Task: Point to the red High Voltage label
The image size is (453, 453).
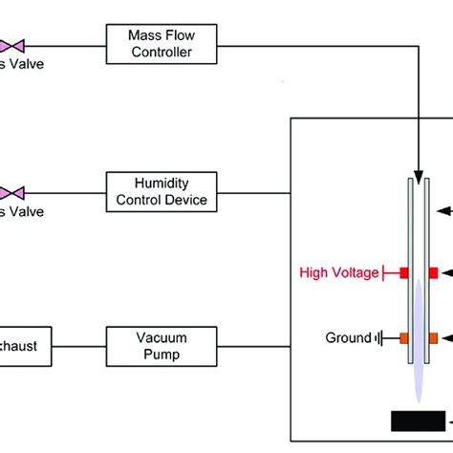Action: click(x=341, y=272)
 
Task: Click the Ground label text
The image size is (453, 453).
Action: click(x=349, y=337)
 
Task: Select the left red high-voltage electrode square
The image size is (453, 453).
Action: click(x=403, y=273)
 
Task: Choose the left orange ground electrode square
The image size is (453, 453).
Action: click(x=403, y=337)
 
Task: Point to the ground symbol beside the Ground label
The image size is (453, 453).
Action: click(x=380, y=337)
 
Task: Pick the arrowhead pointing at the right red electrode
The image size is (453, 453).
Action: click(x=445, y=273)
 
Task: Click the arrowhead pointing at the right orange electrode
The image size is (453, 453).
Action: click(x=445, y=337)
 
